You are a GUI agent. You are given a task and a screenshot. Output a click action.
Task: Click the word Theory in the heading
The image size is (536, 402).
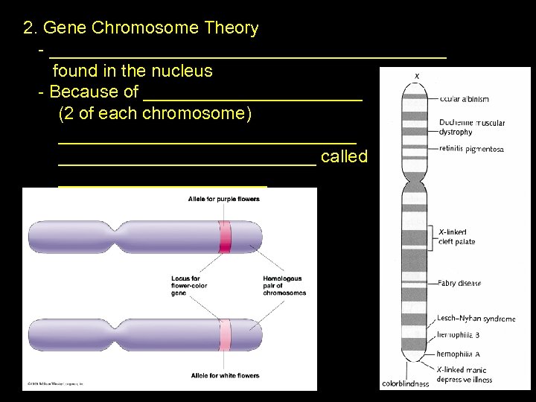point(230,28)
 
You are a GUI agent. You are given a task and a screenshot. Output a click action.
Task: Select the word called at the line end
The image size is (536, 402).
point(344,156)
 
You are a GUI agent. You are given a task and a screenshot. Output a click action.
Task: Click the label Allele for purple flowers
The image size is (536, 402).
point(223,200)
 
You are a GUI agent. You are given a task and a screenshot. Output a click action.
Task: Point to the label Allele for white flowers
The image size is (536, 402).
point(223,375)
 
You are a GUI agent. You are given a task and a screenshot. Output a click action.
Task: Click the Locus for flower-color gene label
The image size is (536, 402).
point(189,286)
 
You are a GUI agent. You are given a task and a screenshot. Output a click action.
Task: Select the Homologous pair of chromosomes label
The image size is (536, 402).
point(284,286)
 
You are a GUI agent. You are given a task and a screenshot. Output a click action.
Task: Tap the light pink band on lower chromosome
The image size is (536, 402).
point(225,334)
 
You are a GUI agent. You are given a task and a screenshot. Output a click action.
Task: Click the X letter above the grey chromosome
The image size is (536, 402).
point(417,76)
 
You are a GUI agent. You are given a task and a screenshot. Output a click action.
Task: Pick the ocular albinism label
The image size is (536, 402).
point(464,99)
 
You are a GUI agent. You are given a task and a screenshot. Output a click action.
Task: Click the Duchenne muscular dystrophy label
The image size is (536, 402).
point(471,127)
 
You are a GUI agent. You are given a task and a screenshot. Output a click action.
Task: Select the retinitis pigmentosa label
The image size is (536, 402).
point(471,149)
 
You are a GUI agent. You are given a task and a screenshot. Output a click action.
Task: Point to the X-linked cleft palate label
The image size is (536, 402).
point(456,237)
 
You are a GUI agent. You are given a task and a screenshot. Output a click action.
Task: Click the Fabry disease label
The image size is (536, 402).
point(459,283)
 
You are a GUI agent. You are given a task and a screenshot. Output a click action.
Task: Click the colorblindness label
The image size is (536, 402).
point(405,384)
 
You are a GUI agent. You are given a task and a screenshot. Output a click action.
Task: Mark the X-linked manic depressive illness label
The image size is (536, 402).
point(465,374)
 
